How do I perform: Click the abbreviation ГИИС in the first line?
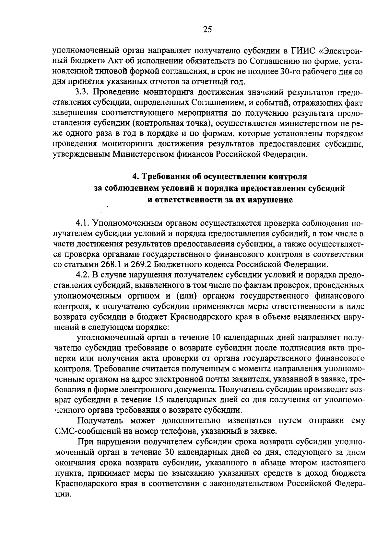[302, 51]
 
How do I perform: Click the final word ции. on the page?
[62, 494]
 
